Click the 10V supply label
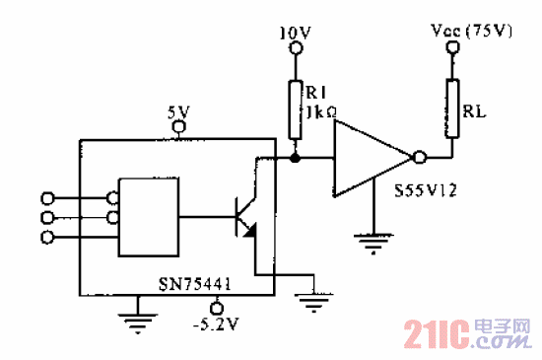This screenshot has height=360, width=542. point(295,33)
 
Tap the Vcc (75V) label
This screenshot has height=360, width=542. point(474,31)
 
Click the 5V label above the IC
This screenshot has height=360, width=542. point(177,111)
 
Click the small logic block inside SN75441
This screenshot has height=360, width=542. point(148,216)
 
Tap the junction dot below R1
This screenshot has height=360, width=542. point(294,157)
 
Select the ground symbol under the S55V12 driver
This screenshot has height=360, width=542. point(371,239)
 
